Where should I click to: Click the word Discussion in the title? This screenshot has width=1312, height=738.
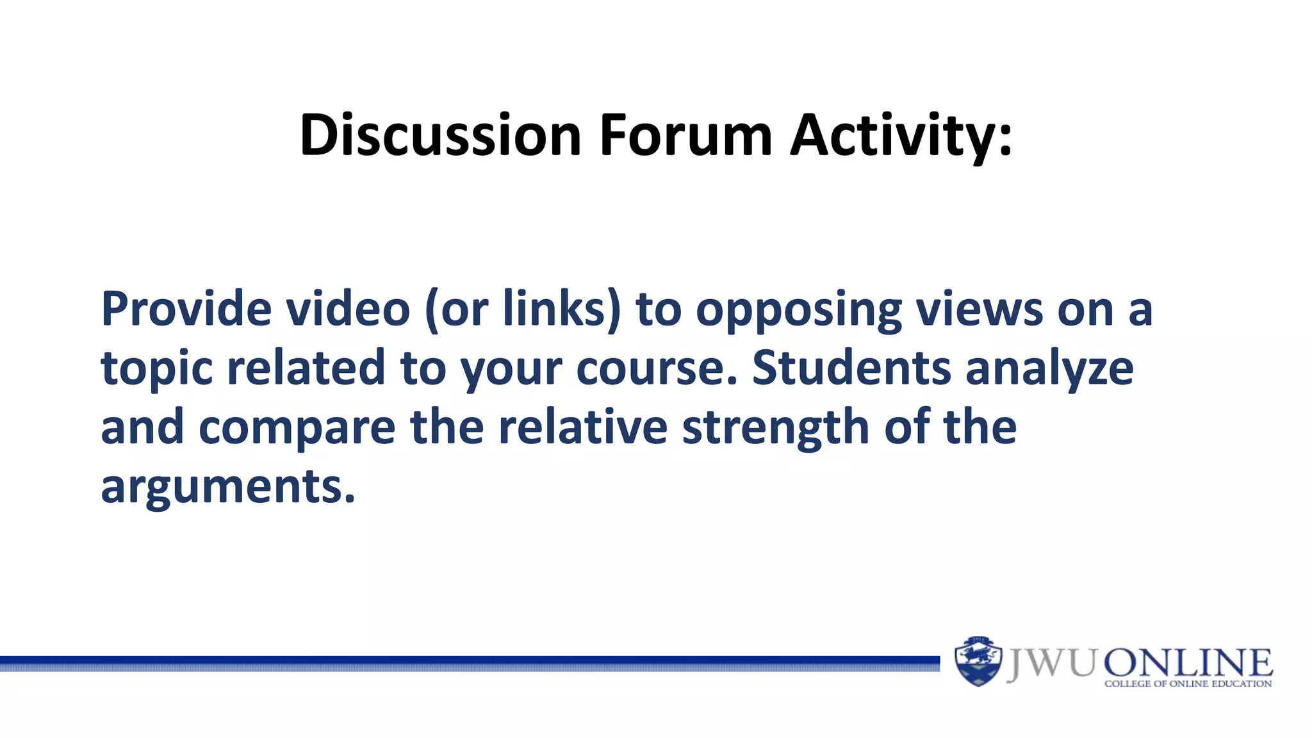[440, 135]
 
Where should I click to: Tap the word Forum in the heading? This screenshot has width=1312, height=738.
[685, 135]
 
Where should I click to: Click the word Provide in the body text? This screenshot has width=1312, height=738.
[186, 309]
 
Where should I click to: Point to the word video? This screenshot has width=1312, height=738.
[347, 309]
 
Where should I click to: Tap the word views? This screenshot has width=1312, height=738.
[979, 309]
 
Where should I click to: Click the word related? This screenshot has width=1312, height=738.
[306, 368]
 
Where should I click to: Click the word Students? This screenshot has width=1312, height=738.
[851, 368]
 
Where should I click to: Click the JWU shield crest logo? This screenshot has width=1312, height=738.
[978, 661]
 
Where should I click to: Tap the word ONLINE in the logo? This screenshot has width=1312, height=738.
[1188, 663]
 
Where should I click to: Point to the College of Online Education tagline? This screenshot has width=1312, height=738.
[1188, 684]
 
